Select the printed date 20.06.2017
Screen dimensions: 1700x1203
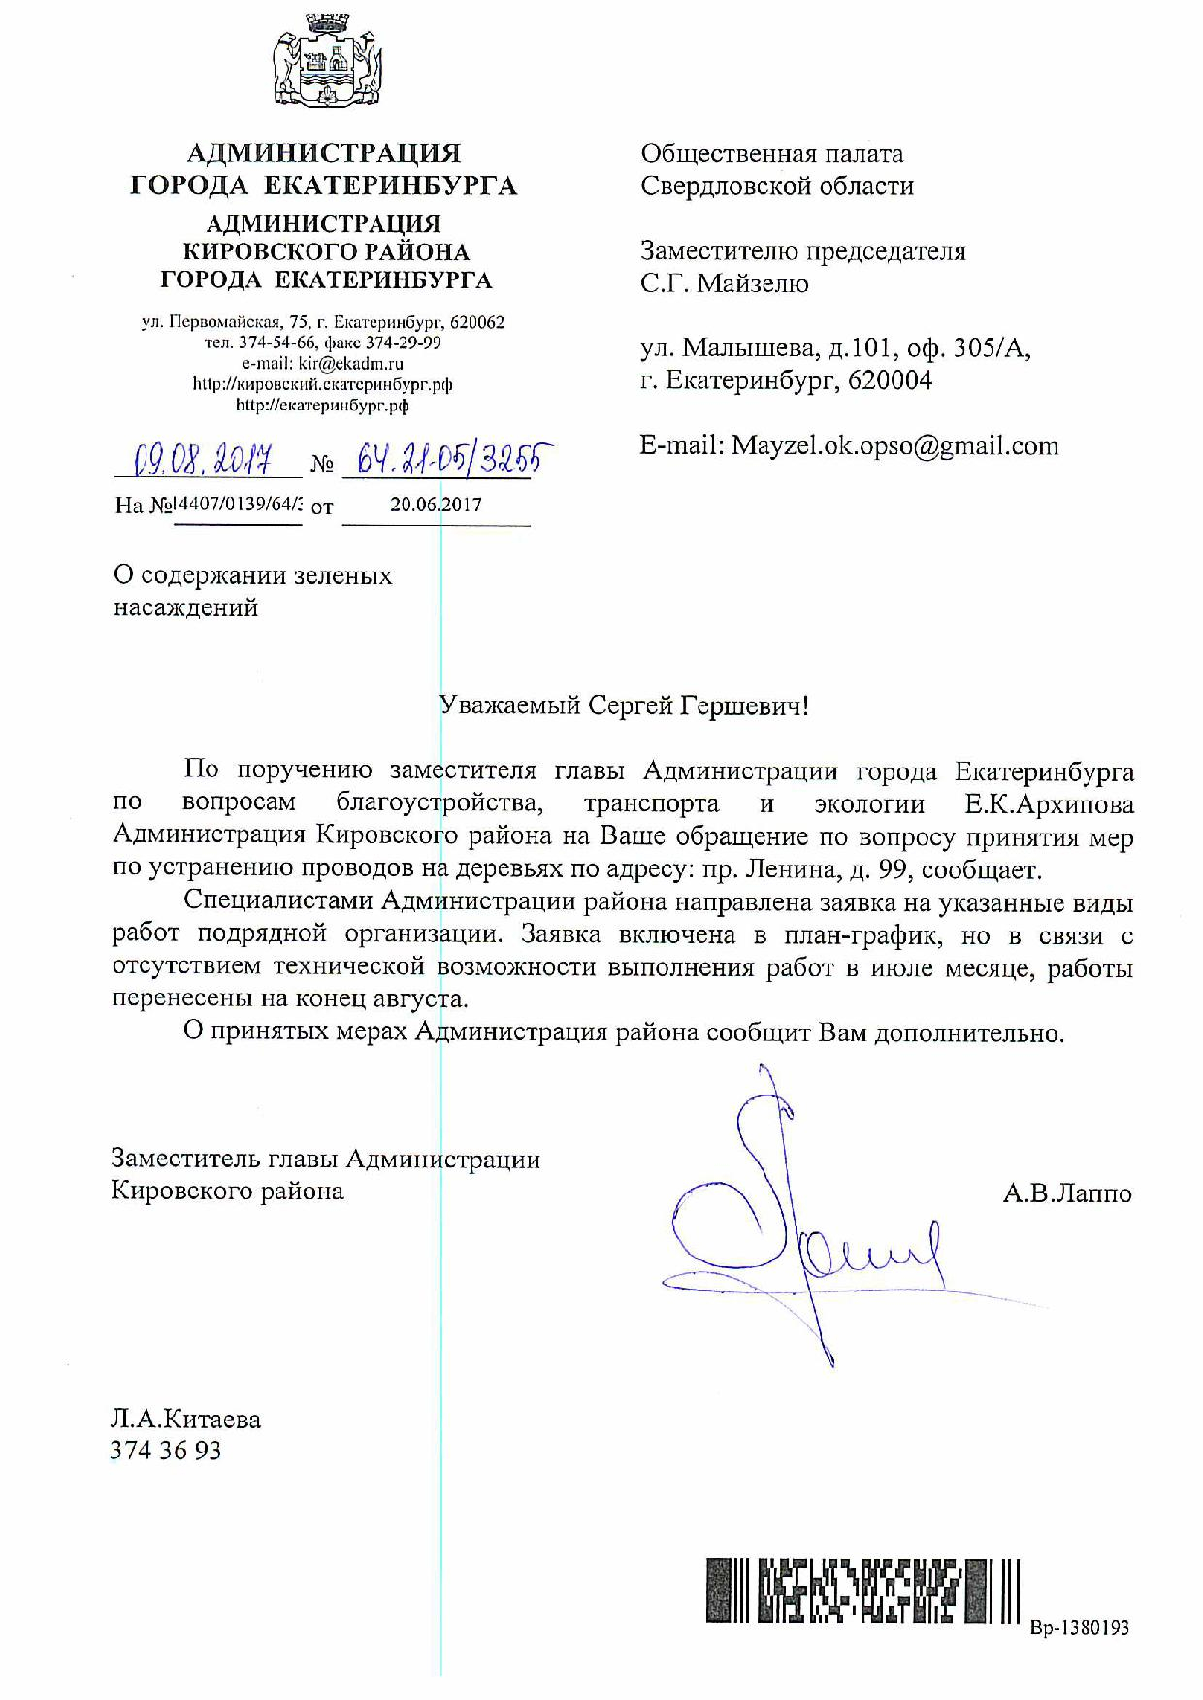click(x=436, y=505)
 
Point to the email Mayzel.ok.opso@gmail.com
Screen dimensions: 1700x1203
click(x=894, y=445)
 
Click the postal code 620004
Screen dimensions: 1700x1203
click(x=890, y=380)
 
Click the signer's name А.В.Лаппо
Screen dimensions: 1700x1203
click(x=1067, y=1193)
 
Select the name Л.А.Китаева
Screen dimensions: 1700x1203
click(x=185, y=1420)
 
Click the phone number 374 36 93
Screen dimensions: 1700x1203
click(x=166, y=1451)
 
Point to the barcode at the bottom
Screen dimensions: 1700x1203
click(x=862, y=1590)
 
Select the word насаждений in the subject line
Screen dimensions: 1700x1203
click(x=186, y=608)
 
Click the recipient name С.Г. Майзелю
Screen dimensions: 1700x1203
click(x=725, y=283)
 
